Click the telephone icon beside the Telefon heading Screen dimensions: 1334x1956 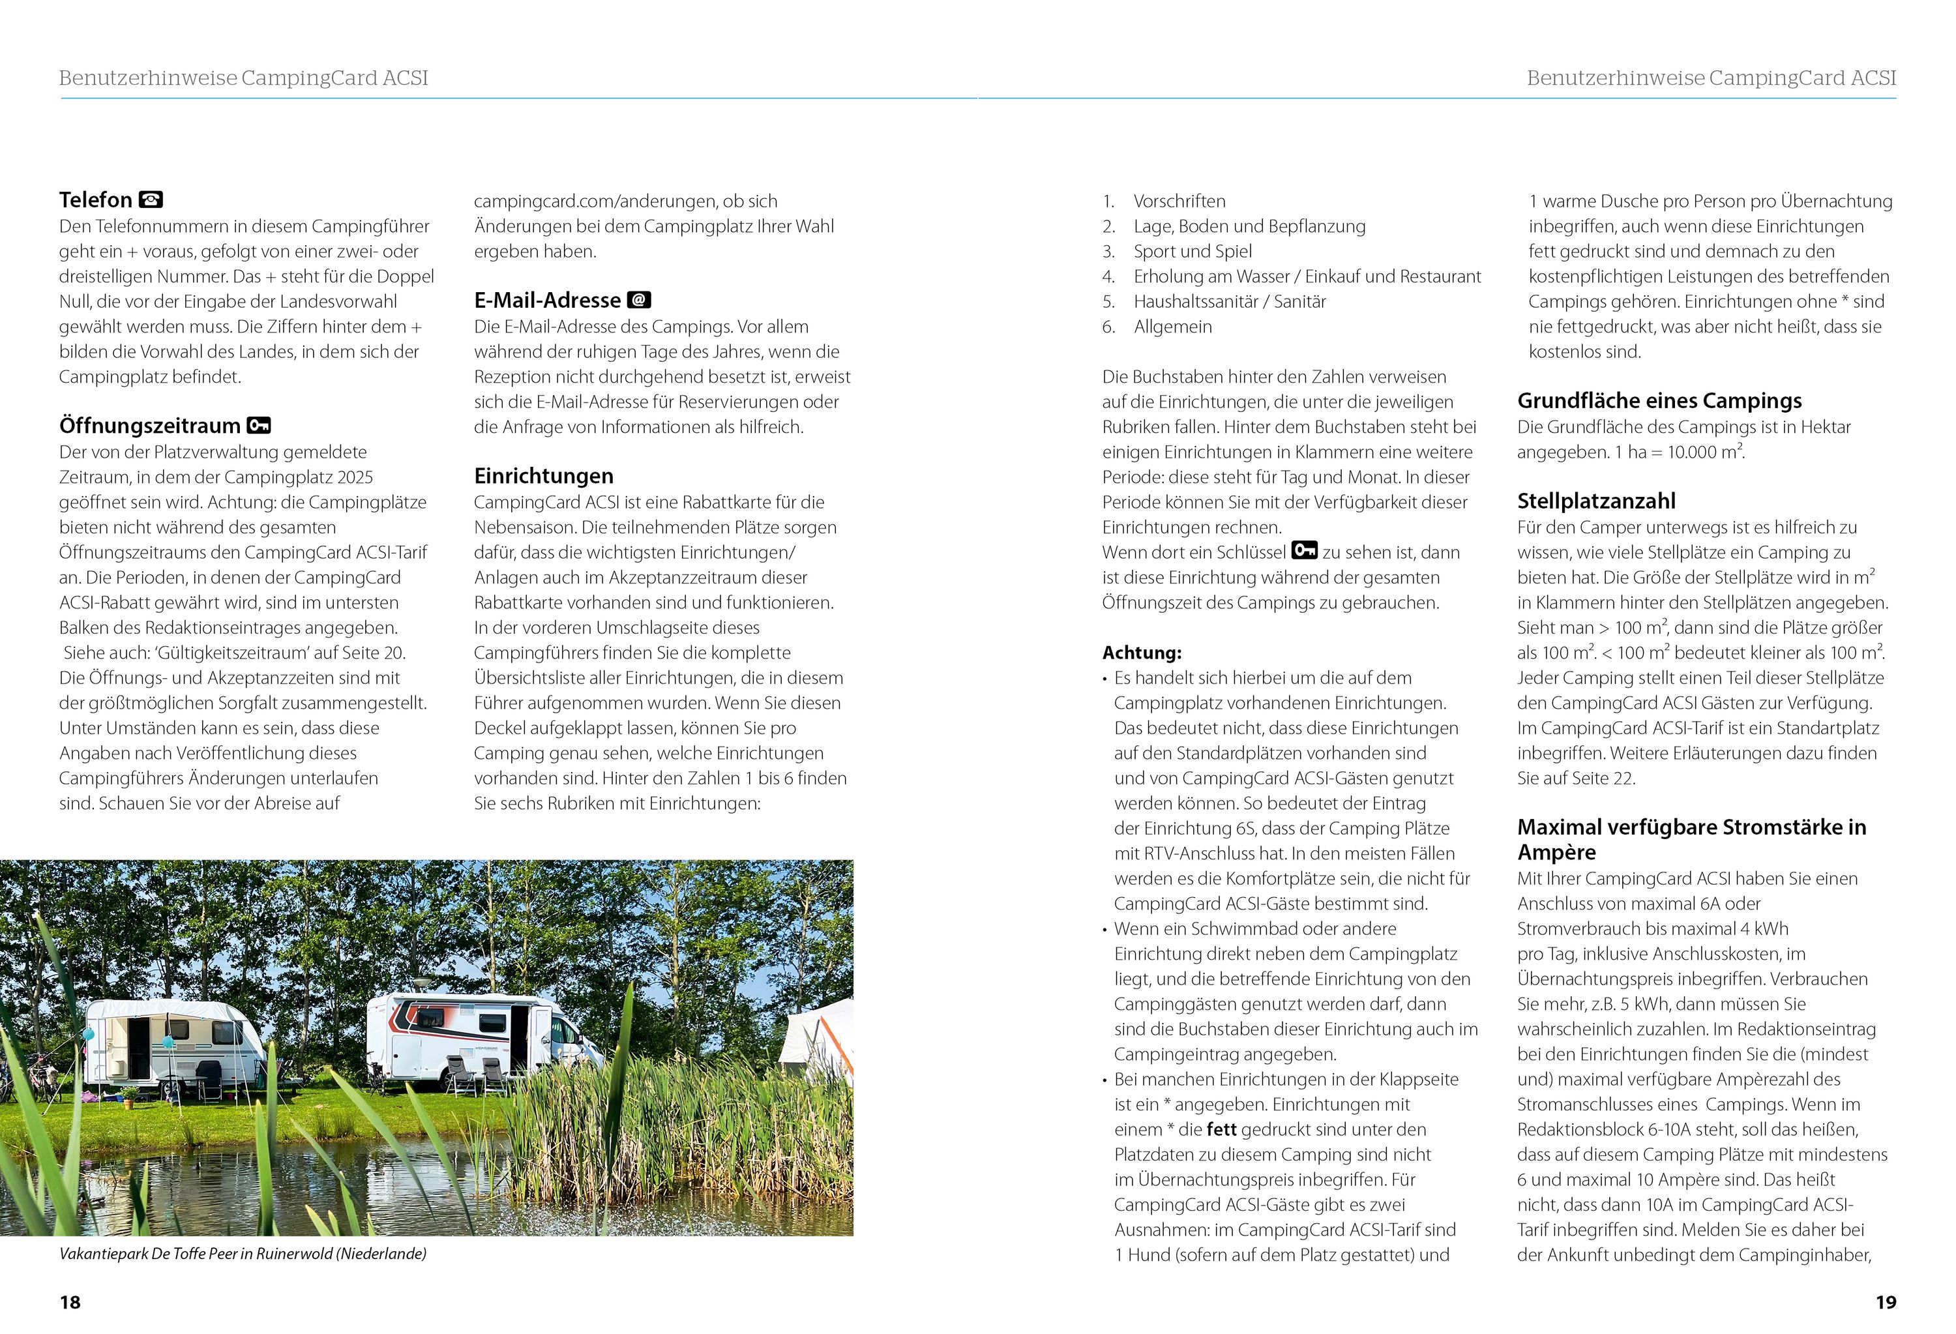pos(151,200)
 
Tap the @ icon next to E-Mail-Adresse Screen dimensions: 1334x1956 pos(640,301)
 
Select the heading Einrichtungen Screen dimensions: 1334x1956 pos(543,477)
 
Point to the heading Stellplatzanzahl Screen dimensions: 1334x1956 pos(1596,501)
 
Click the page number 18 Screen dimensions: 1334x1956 pos(70,1302)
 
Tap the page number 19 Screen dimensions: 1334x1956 pos(1886,1302)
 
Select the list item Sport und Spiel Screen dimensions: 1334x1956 pos(1192,252)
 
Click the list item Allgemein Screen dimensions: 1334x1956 pos(1172,327)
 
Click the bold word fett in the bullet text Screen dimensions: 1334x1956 pos(1221,1129)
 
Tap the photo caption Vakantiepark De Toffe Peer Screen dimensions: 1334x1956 pos(243,1254)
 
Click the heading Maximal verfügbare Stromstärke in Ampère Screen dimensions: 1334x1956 pos(1691,839)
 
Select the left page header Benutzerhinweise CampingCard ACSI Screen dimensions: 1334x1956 pos(243,78)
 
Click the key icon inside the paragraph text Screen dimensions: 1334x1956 pos(1304,552)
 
